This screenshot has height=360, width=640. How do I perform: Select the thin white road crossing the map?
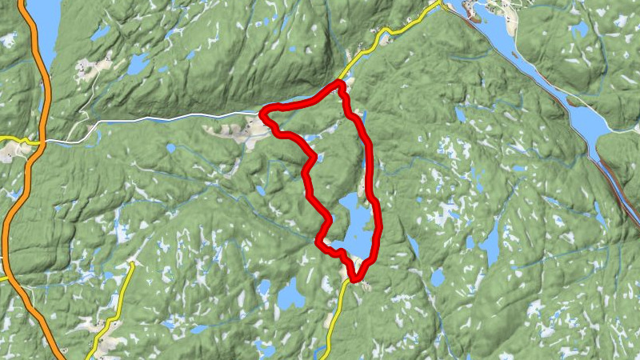click(160, 121)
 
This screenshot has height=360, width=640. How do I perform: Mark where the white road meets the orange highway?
click(35, 143)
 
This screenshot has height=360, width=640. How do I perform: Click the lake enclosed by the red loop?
click(355, 224)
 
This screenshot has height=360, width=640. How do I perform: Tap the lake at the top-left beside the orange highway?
click(44, 24)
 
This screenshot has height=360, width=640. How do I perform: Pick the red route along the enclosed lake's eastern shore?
click(377, 224)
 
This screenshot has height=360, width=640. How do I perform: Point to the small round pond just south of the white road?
click(170, 148)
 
